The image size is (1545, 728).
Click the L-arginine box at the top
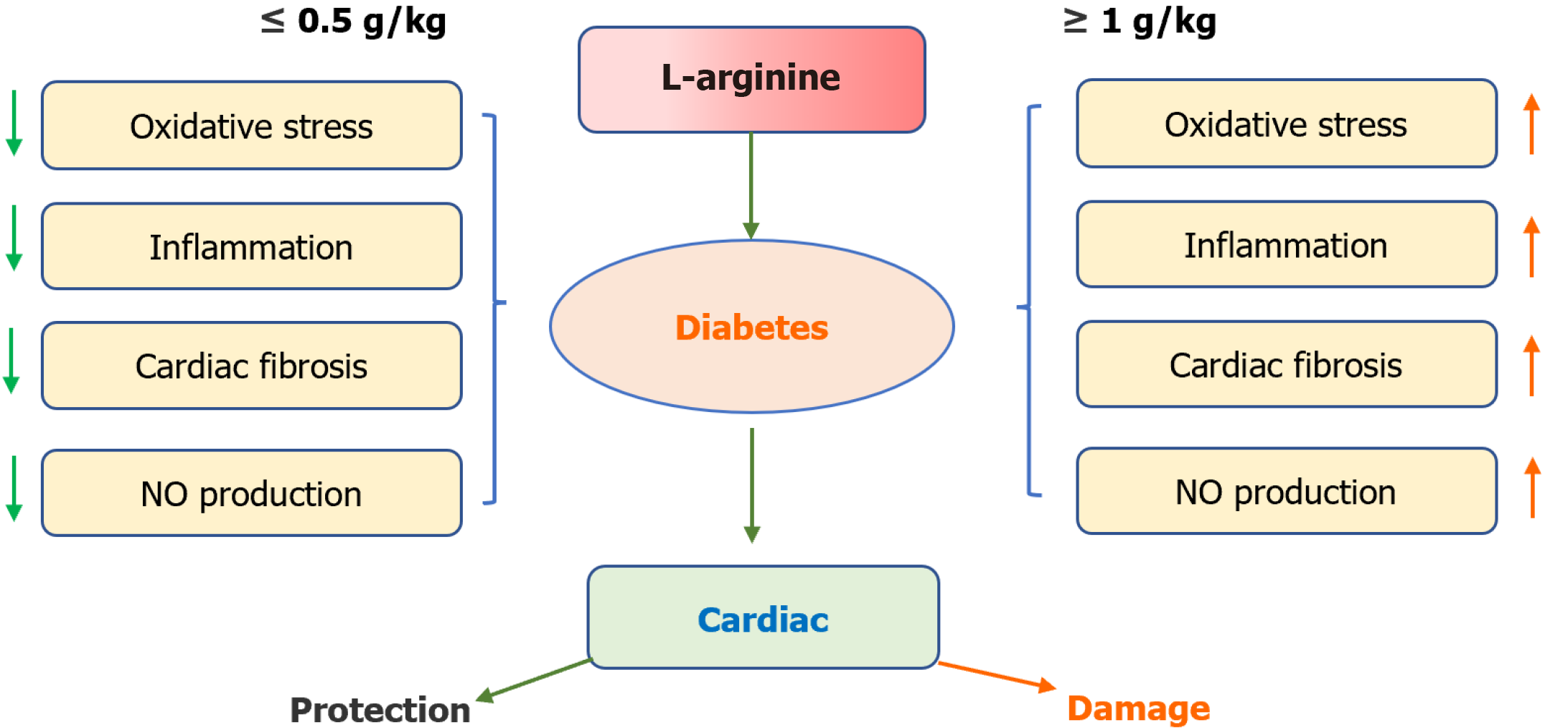(751, 79)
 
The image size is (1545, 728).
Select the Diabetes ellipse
(751, 327)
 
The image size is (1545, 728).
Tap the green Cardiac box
(763, 617)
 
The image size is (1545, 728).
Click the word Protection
(380, 710)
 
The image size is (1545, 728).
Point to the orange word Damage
(1138, 709)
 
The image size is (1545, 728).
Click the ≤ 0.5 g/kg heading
(353, 22)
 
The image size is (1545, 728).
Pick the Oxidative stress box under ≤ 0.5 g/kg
(251, 126)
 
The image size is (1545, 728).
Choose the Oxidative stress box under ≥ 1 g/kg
(1286, 123)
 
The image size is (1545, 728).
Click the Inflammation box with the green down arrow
(251, 246)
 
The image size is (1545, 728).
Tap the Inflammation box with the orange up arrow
(1286, 244)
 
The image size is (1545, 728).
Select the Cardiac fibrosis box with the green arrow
(251, 365)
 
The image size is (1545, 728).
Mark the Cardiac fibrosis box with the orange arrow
(1286, 364)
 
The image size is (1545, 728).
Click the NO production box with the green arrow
(251, 493)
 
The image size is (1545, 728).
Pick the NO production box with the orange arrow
(1286, 491)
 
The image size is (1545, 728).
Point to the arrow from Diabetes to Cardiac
(751, 485)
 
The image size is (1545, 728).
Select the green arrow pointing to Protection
(535, 678)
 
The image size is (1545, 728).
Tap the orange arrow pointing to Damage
(997, 675)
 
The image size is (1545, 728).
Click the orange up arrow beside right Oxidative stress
(1531, 123)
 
